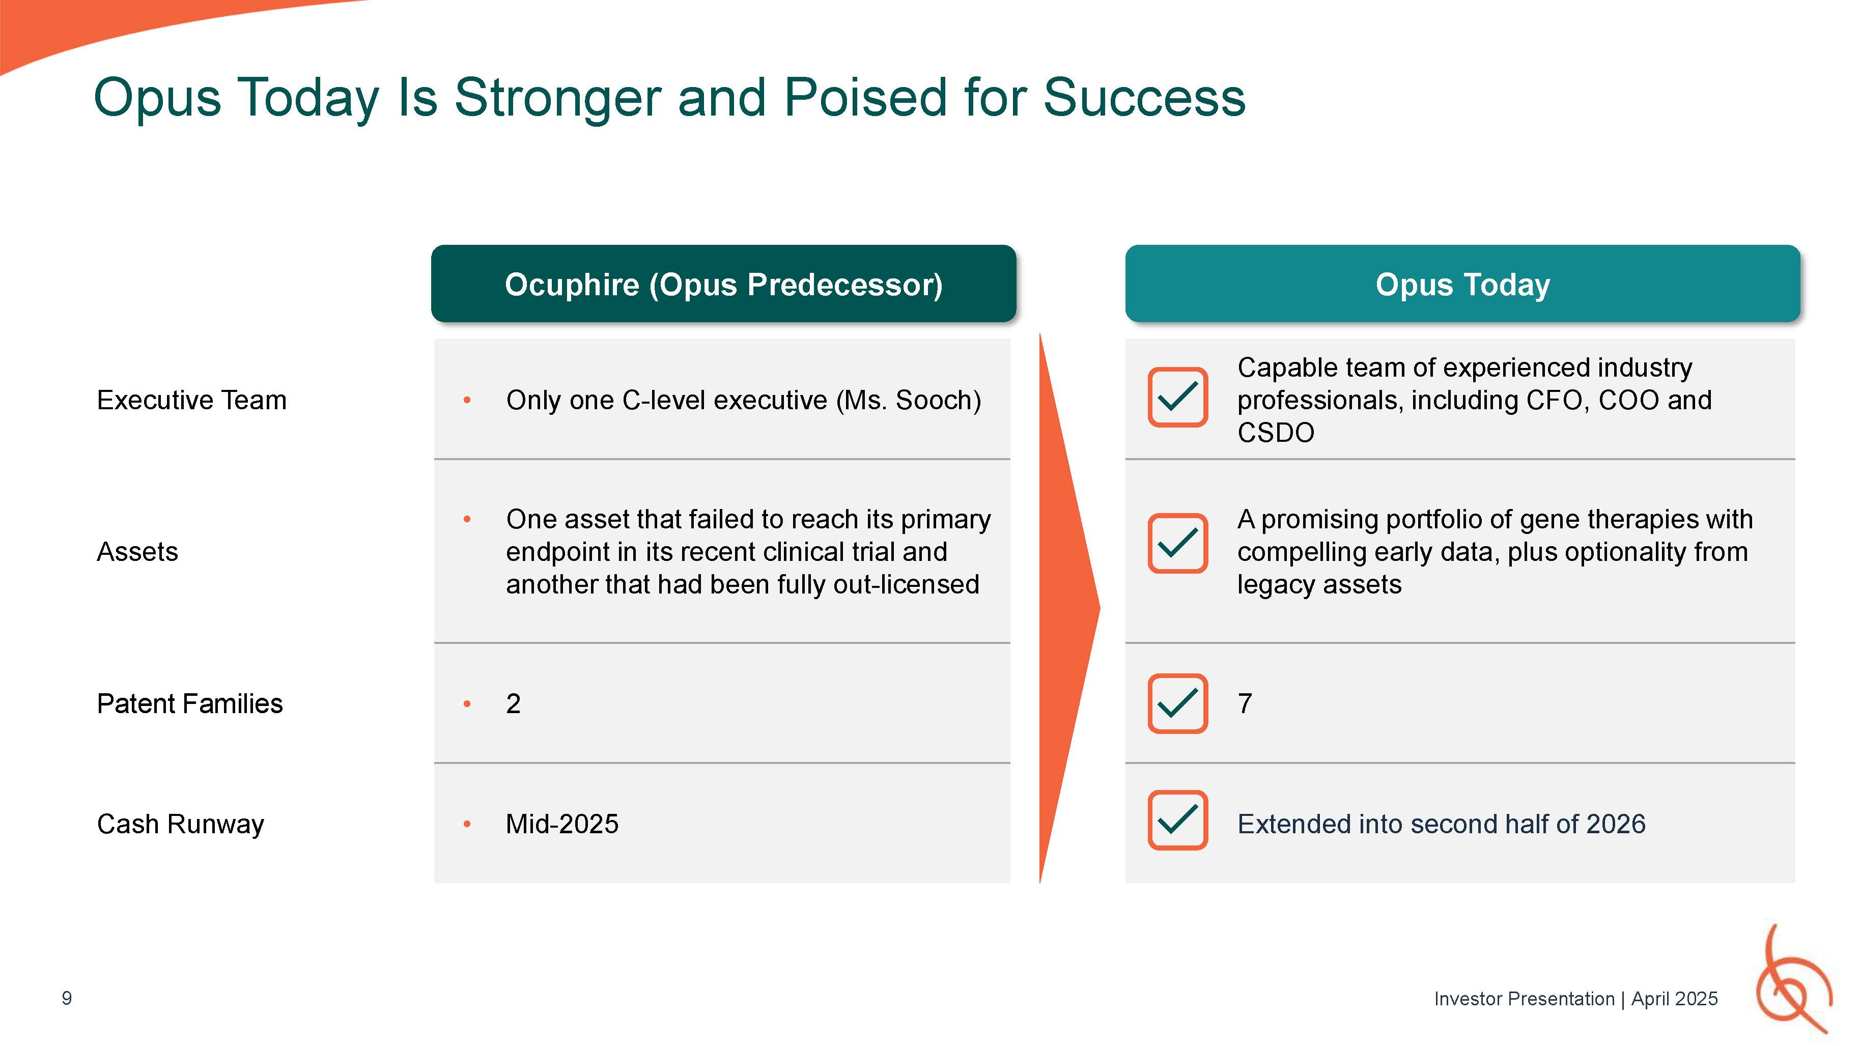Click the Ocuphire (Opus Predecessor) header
pos(723,284)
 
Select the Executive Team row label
pos(191,400)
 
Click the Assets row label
pos(137,552)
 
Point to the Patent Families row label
pos(190,703)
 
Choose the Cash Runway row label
pos(181,824)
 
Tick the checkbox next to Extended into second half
pos(1178,820)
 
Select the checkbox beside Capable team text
pos(1178,397)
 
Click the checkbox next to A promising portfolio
pos(1178,543)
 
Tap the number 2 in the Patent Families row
pos(514,703)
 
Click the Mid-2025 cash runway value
pos(562,824)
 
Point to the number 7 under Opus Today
pos(1245,703)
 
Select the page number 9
pos(66,998)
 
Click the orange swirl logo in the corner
pos(1794,980)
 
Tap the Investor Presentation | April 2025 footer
pos(1575,998)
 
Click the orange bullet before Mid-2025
pos(467,824)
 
